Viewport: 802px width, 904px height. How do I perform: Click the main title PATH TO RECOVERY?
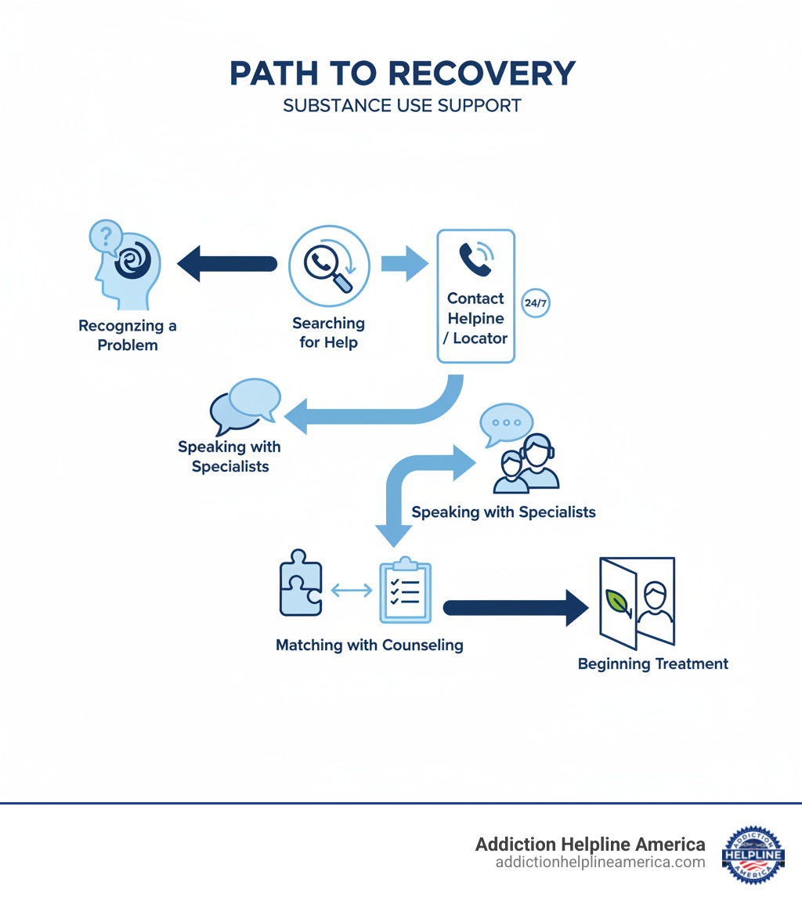[x=402, y=74]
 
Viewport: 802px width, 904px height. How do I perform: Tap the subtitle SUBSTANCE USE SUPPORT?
[x=402, y=106]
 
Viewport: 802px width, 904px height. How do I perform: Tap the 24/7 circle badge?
[x=535, y=302]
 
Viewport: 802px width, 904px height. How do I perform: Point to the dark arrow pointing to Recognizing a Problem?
[x=226, y=263]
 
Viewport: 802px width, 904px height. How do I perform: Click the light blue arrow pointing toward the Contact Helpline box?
[x=404, y=263]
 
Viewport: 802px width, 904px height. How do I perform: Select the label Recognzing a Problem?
[x=128, y=335]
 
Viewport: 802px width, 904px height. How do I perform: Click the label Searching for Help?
[x=328, y=332]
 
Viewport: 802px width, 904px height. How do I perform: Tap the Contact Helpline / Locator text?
[x=476, y=319]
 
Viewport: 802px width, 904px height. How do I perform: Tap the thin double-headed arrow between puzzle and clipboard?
[x=352, y=591]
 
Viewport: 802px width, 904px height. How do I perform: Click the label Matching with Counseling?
[x=370, y=645]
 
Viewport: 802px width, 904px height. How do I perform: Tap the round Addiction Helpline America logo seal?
[x=753, y=855]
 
